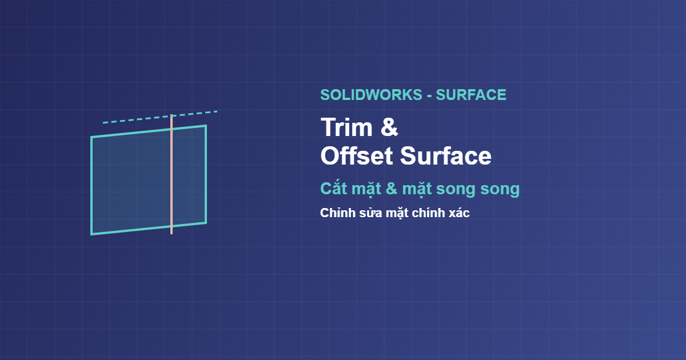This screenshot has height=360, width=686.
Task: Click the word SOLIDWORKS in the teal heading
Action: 371,95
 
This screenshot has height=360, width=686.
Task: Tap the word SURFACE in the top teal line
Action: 471,95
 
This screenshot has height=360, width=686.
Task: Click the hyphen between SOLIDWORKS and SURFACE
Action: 429,96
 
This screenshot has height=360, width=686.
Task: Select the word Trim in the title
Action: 346,127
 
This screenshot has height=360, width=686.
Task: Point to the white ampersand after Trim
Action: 389,127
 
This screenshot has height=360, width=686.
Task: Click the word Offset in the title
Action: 357,156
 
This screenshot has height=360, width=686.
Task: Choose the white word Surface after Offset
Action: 445,156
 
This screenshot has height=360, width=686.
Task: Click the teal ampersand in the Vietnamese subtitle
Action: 392,189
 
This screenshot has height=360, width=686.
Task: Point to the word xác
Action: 459,213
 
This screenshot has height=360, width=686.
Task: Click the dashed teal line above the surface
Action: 160,117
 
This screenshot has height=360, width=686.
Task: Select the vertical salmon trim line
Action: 171,174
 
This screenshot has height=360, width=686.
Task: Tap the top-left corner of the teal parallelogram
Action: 91,137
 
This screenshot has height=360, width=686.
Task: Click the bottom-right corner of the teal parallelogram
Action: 206,222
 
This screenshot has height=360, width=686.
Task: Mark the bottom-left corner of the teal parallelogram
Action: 91,234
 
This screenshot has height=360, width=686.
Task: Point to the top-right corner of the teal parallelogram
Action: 206,125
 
